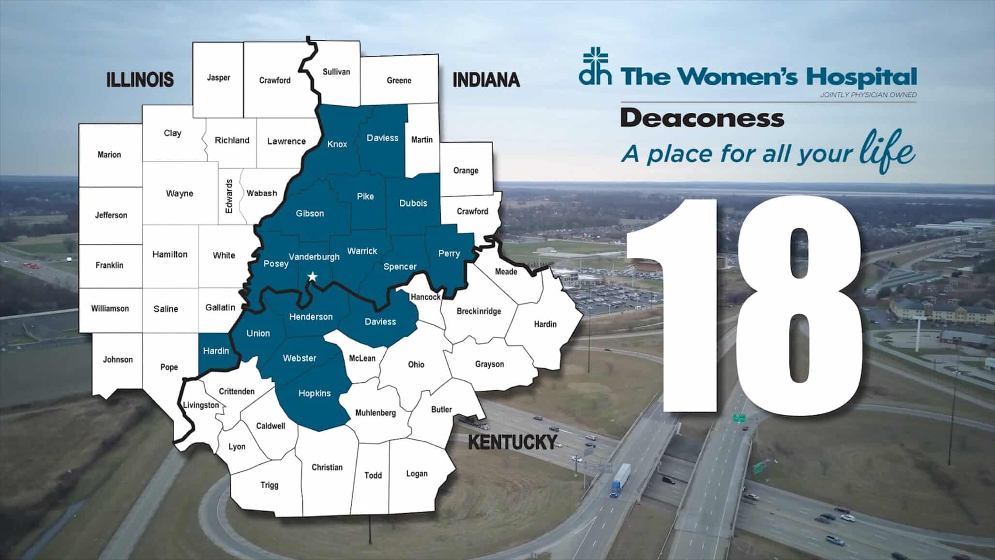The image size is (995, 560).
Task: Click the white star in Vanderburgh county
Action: (x=313, y=277)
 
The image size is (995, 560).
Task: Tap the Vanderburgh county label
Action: (x=314, y=257)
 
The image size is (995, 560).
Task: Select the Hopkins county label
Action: (x=315, y=393)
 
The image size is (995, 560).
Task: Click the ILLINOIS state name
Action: (x=140, y=79)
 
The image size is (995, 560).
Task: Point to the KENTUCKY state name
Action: (x=513, y=442)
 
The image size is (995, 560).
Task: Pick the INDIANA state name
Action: (x=486, y=80)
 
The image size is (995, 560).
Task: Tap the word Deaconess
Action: (x=702, y=118)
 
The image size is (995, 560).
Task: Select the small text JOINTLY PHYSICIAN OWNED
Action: (x=868, y=95)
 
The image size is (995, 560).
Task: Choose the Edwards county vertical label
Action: (x=229, y=196)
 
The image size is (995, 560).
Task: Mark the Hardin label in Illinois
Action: (x=216, y=351)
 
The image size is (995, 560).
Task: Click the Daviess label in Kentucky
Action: (x=380, y=321)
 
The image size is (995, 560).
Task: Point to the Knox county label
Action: (x=337, y=144)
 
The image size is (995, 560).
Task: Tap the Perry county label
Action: (x=449, y=253)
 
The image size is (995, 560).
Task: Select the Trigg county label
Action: (x=270, y=485)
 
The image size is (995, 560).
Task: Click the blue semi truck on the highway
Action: (x=619, y=480)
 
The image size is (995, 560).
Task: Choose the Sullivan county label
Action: (x=336, y=72)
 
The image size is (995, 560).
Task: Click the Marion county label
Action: (x=109, y=155)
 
